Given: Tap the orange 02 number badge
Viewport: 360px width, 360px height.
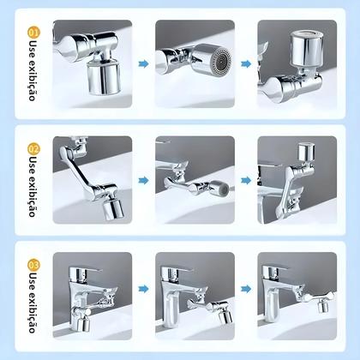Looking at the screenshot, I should tap(33, 148).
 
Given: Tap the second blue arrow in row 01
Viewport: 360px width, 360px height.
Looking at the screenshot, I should tap(247, 62).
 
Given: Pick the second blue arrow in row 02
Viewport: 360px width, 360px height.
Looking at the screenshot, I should tap(247, 181).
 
